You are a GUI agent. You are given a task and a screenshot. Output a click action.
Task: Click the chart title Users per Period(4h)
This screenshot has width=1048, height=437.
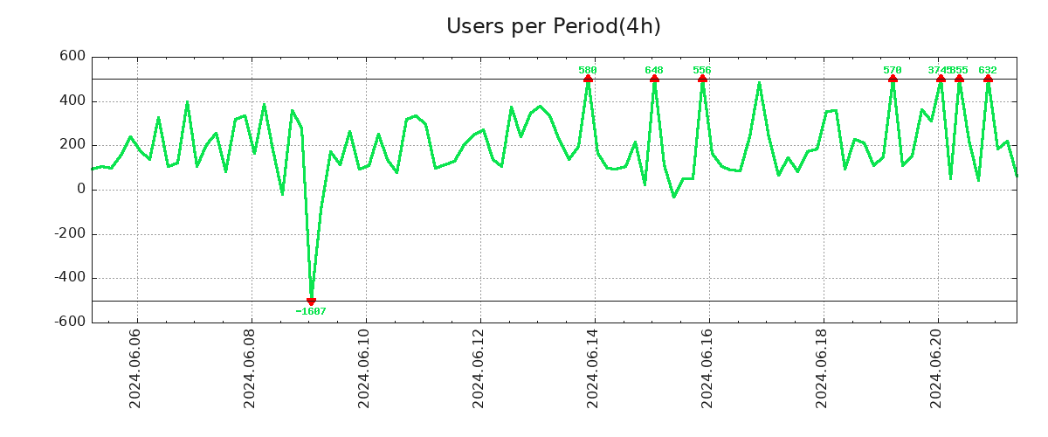[553, 26]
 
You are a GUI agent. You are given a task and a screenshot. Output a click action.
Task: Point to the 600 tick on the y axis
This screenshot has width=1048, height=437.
[72, 57]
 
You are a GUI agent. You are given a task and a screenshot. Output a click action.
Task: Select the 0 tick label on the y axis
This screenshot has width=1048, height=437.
[80, 189]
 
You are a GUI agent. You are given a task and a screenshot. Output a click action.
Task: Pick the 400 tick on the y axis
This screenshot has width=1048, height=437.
[72, 101]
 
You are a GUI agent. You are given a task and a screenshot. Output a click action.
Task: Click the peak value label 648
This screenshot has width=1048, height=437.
[654, 70]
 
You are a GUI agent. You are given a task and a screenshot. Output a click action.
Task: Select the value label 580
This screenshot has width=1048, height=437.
[588, 70]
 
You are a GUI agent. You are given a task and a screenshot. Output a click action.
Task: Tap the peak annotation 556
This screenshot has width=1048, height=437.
[702, 70]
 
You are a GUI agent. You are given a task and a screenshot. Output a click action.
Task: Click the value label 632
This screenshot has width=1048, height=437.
[988, 70]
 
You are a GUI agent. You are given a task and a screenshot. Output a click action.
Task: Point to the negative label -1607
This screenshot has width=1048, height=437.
[311, 311]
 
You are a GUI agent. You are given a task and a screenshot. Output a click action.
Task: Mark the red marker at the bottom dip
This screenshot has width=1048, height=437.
[311, 301]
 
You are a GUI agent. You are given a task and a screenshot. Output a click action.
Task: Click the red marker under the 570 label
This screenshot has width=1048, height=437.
[893, 79]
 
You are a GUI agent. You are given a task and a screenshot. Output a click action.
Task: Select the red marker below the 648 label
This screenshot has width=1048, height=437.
[654, 79]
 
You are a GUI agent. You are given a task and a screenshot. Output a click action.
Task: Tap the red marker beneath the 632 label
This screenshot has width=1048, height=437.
[988, 79]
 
